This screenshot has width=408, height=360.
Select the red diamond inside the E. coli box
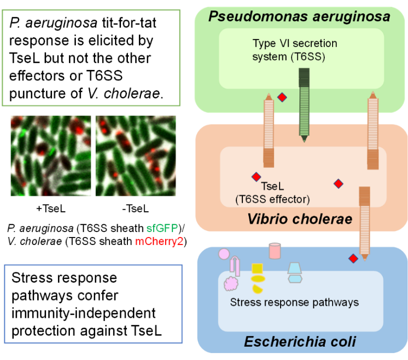tap(353, 258)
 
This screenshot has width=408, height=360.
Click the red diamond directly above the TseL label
tap(256, 177)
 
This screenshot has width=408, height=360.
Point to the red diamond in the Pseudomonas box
tap(282, 98)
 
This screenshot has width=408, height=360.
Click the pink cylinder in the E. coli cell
tap(275, 251)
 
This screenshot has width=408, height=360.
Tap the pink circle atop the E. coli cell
tap(224, 254)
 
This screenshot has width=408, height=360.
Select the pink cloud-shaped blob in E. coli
tap(232, 283)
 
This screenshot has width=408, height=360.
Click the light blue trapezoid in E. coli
tap(295, 268)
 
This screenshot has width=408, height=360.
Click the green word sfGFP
tap(158, 229)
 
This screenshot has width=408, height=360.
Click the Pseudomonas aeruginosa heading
tap(299, 16)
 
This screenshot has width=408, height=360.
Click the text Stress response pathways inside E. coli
tap(294, 301)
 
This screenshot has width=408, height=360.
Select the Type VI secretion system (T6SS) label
tap(288, 50)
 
